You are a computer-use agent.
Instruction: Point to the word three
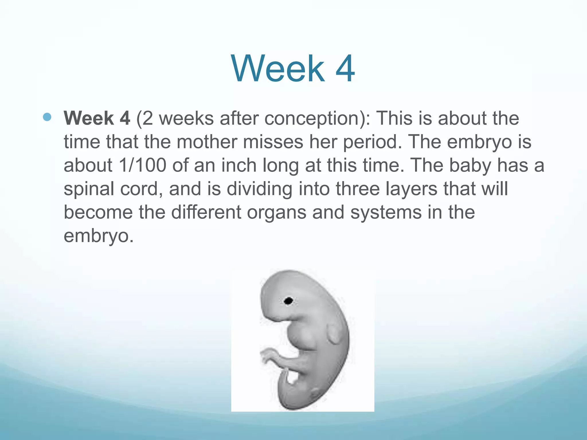pyautogui.click(x=357, y=189)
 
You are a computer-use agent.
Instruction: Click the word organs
pyautogui.click(x=276, y=213)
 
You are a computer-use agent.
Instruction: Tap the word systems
pyautogui.click(x=386, y=213)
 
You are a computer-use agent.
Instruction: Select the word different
pyautogui.click(x=206, y=213)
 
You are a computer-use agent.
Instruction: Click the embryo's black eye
pyautogui.click(x=288, y=301)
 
